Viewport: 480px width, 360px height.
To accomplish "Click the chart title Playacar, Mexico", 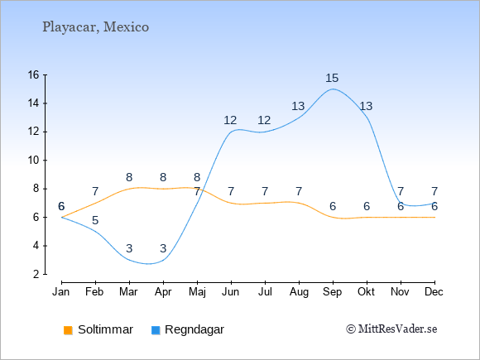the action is [x=95, y=27].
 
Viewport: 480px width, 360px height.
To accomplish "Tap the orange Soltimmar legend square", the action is [x=68, y=330].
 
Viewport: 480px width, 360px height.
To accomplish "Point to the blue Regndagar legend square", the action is [x=156, y=330].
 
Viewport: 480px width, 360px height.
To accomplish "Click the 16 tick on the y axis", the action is [x=34, y=74].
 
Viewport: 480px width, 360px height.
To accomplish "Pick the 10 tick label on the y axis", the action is [x=34, y=160].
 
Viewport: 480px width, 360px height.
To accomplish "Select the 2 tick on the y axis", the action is [x=36, y=274].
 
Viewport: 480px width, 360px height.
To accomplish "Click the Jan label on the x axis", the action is [x=61, y=292].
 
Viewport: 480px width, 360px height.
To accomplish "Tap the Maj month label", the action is [x=197, y=292].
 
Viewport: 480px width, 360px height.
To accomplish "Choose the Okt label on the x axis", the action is [x=366, y=292].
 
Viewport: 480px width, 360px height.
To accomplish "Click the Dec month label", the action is [x=434, y=292].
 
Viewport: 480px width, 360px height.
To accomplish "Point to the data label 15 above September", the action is [x=332, y=78].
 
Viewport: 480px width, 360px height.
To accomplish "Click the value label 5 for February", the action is [x=95, y=220].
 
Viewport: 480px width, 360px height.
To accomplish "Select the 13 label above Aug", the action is [x=298, y=106].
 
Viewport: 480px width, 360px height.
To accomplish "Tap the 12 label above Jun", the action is [x=230, y=120].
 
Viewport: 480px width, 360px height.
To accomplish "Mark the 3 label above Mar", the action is [x=129, y=248].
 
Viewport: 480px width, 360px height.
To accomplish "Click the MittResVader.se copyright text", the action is [x=391, y=329].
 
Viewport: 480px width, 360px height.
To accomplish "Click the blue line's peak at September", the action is [x=333, y=89].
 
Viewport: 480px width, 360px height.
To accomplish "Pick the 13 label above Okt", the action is [x=366, y=106].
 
